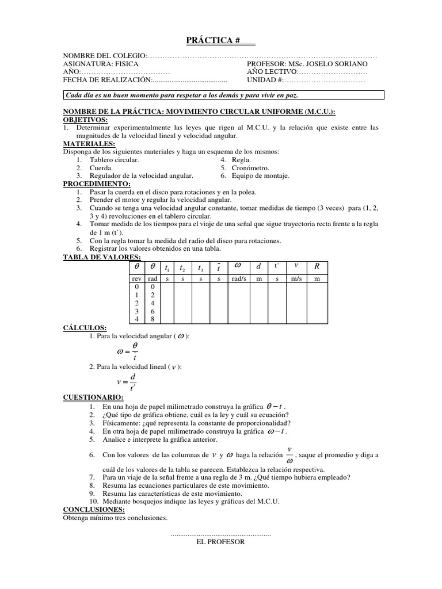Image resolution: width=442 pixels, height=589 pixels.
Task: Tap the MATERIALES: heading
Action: [89, 144]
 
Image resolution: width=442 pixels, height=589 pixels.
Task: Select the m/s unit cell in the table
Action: [296, 278]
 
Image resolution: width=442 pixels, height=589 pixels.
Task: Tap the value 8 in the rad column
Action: [153, 319]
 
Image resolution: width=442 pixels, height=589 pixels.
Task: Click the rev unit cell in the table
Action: [137, 278]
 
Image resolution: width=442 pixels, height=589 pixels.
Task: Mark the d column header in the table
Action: [258, 266]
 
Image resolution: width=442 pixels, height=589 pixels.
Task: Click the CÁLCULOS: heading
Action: [85, 327]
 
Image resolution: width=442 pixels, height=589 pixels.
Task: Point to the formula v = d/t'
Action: [126, 381]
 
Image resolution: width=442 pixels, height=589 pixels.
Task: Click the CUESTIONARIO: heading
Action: [93, 397]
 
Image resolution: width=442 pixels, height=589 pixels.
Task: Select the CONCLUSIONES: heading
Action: [94, 509]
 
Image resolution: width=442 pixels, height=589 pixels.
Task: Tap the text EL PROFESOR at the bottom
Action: [220, 542]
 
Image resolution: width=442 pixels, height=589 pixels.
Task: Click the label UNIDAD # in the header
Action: [264, 81]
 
